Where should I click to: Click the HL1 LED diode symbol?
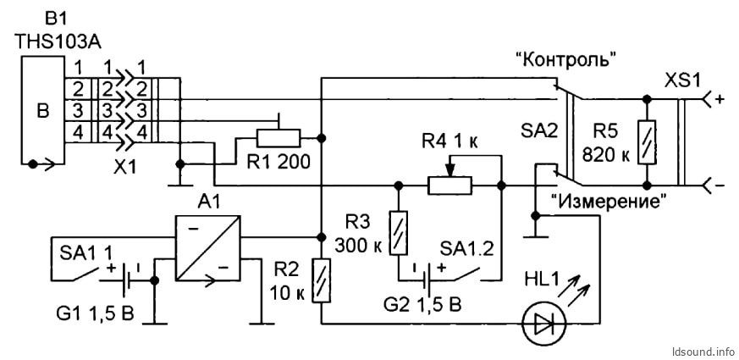(543, 324)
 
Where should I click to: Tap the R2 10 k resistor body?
(322, 282)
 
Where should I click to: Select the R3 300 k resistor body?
(399, 233)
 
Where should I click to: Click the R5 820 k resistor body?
(647, 142)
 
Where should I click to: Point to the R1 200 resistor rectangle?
(278, 138)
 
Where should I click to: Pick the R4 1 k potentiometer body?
(449, 185)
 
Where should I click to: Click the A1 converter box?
(208, 248)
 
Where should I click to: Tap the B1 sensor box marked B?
(43, 111)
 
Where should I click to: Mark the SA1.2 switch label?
(466, 250)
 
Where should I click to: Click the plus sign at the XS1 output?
(720, 100)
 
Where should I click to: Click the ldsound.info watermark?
(703, 352)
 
